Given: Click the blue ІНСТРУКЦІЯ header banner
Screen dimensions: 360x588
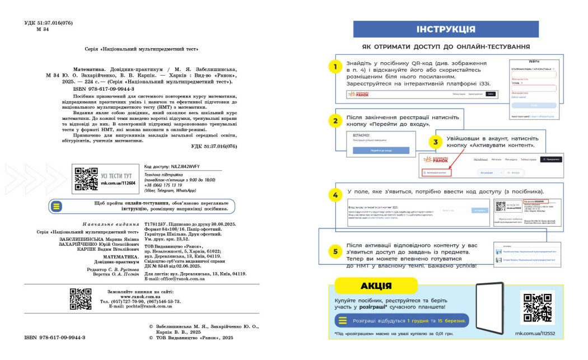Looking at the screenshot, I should pyautogui.click(x=446, y=29).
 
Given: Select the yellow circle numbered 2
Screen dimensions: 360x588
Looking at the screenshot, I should pyautogui.click(x=335, y=120).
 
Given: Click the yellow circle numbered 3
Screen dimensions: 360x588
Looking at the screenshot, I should pyautogui.click(x=436, y=142).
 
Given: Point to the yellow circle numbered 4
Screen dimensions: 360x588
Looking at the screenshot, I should pyautogui.click(x=335, y=195).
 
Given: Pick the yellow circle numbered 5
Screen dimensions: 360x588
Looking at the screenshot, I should pyautogui.click(x=335, y=251).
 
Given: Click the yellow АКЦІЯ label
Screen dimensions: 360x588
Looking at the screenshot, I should pyautogui.click(x=376, y=286).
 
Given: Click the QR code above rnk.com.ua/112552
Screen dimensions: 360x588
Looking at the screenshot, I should pyautogui.click(x=537, y=307).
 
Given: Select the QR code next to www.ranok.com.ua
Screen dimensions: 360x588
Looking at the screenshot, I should pyautogui.click(x=81, y=299).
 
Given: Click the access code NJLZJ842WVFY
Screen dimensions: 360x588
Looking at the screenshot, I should pyautogui.click(x=182, y=167).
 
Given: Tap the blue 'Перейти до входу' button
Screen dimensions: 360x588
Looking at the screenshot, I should pyautogui.click(x=381, y=151).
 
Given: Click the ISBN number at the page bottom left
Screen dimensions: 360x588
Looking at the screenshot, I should pyautogui.click(x=55, y=338).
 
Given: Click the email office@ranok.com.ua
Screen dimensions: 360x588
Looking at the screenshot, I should pyautogui.click(x=175, y=279).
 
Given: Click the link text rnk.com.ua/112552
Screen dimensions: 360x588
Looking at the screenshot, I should pyautogui.click(x=535, y=333).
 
